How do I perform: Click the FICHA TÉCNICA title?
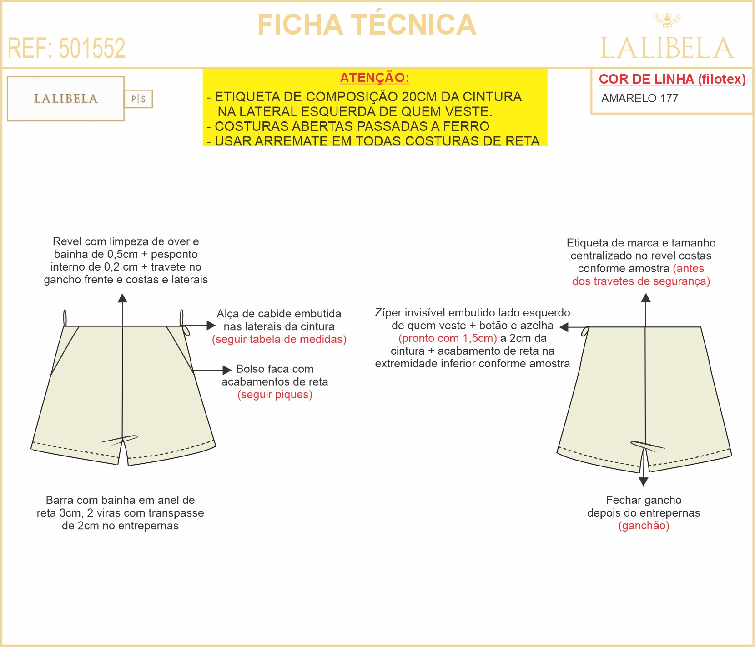click(x=367, y=25)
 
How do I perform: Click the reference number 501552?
click(x=92, y=48)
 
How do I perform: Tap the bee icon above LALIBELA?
click(x=667, y=20)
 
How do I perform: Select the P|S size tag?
click(x=138, y=99)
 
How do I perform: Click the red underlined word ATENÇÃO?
click(x=374, y=78)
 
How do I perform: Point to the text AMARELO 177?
click(x=639, y=98)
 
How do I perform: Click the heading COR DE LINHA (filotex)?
click(x=672, y=79)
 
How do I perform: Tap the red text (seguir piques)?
click(x=275, y=395)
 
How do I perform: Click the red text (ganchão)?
click(x=644, y=526)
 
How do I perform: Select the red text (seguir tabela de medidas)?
click(x=279, y=339)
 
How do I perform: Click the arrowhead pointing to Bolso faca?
click(x=227, y=370)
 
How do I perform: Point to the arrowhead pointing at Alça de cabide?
click(x=211, y=326)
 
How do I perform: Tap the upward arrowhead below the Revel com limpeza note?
click(x=122, y=298)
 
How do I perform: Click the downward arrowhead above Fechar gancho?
click(x=643, y=482)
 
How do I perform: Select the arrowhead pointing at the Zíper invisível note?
click(x=564, y=327)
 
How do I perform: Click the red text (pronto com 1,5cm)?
click(x=448, y=338)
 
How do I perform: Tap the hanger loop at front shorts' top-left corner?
click(x=65, y=318)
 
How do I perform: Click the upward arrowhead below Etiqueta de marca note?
click(x=646, y=298)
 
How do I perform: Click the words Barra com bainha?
click(x=91, y=500)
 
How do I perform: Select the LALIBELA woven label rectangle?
click(x=66, y=99)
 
